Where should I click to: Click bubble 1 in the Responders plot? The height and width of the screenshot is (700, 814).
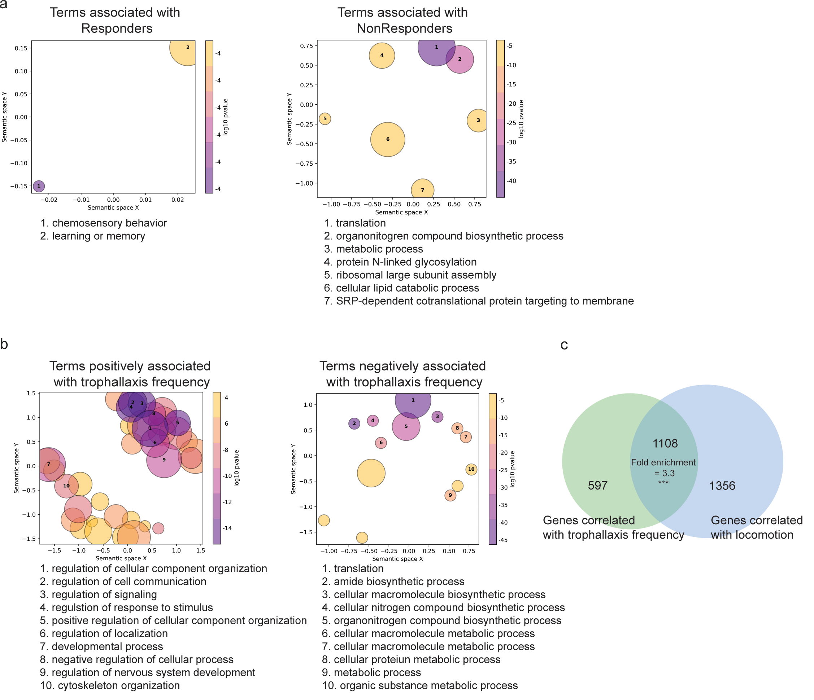click(x=39, y=186)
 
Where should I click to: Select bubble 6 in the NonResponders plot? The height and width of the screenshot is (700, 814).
click(x=388, y=139)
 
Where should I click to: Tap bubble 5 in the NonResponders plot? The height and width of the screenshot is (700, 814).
click(x=325, y=119)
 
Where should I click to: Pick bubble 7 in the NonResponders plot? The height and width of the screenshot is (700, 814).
click(x=423, y=190)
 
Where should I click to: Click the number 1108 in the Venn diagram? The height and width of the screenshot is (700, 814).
click(x=665, y=443)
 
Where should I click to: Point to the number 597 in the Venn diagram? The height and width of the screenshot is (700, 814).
click(x=597, y=486)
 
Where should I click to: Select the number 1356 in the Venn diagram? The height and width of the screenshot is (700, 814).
click(x=722, y=486)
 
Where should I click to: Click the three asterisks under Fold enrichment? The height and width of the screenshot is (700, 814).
click(x=663, y=482)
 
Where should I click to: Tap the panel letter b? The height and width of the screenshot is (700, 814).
click(x=4, y=344)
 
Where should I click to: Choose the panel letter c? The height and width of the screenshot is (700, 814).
click(x=564, y=345)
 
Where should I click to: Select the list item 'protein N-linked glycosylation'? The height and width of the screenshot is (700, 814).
click(x=406, y=262)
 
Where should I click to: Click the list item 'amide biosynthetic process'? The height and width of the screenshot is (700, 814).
click(x=399, y=581)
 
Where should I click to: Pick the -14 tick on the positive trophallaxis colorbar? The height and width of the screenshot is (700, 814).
click(x=227, y=528)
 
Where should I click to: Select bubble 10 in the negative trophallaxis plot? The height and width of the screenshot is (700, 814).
click(x=471, y=469)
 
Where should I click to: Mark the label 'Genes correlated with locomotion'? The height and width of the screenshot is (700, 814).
click(x=756, y=527)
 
